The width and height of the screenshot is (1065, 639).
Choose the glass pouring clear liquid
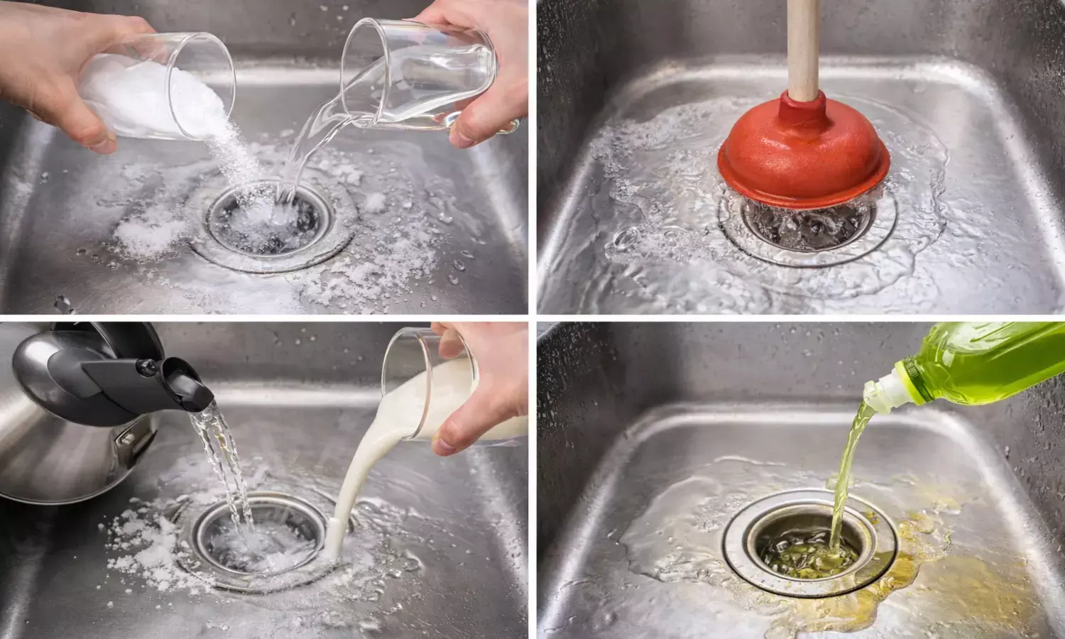[398, 78]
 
